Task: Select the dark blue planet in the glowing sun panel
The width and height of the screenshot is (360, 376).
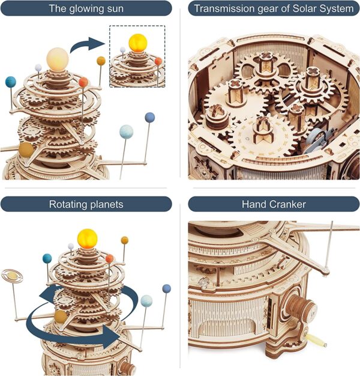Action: tap(149, 116)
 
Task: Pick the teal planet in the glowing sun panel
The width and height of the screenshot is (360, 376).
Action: tap(10, 81)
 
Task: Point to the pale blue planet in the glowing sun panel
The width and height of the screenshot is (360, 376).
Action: tap(126, 130)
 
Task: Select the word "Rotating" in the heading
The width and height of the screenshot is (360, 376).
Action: tap(67, 204)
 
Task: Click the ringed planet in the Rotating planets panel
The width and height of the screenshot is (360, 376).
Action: tap(11, 275)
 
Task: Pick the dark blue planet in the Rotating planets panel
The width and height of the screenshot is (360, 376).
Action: tap(166, 289)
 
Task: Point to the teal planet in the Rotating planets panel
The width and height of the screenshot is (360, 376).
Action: tap(47, 258)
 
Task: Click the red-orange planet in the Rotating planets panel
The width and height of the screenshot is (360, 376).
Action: tap(110, 258)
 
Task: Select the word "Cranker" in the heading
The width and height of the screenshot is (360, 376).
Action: tap(287, 204)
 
